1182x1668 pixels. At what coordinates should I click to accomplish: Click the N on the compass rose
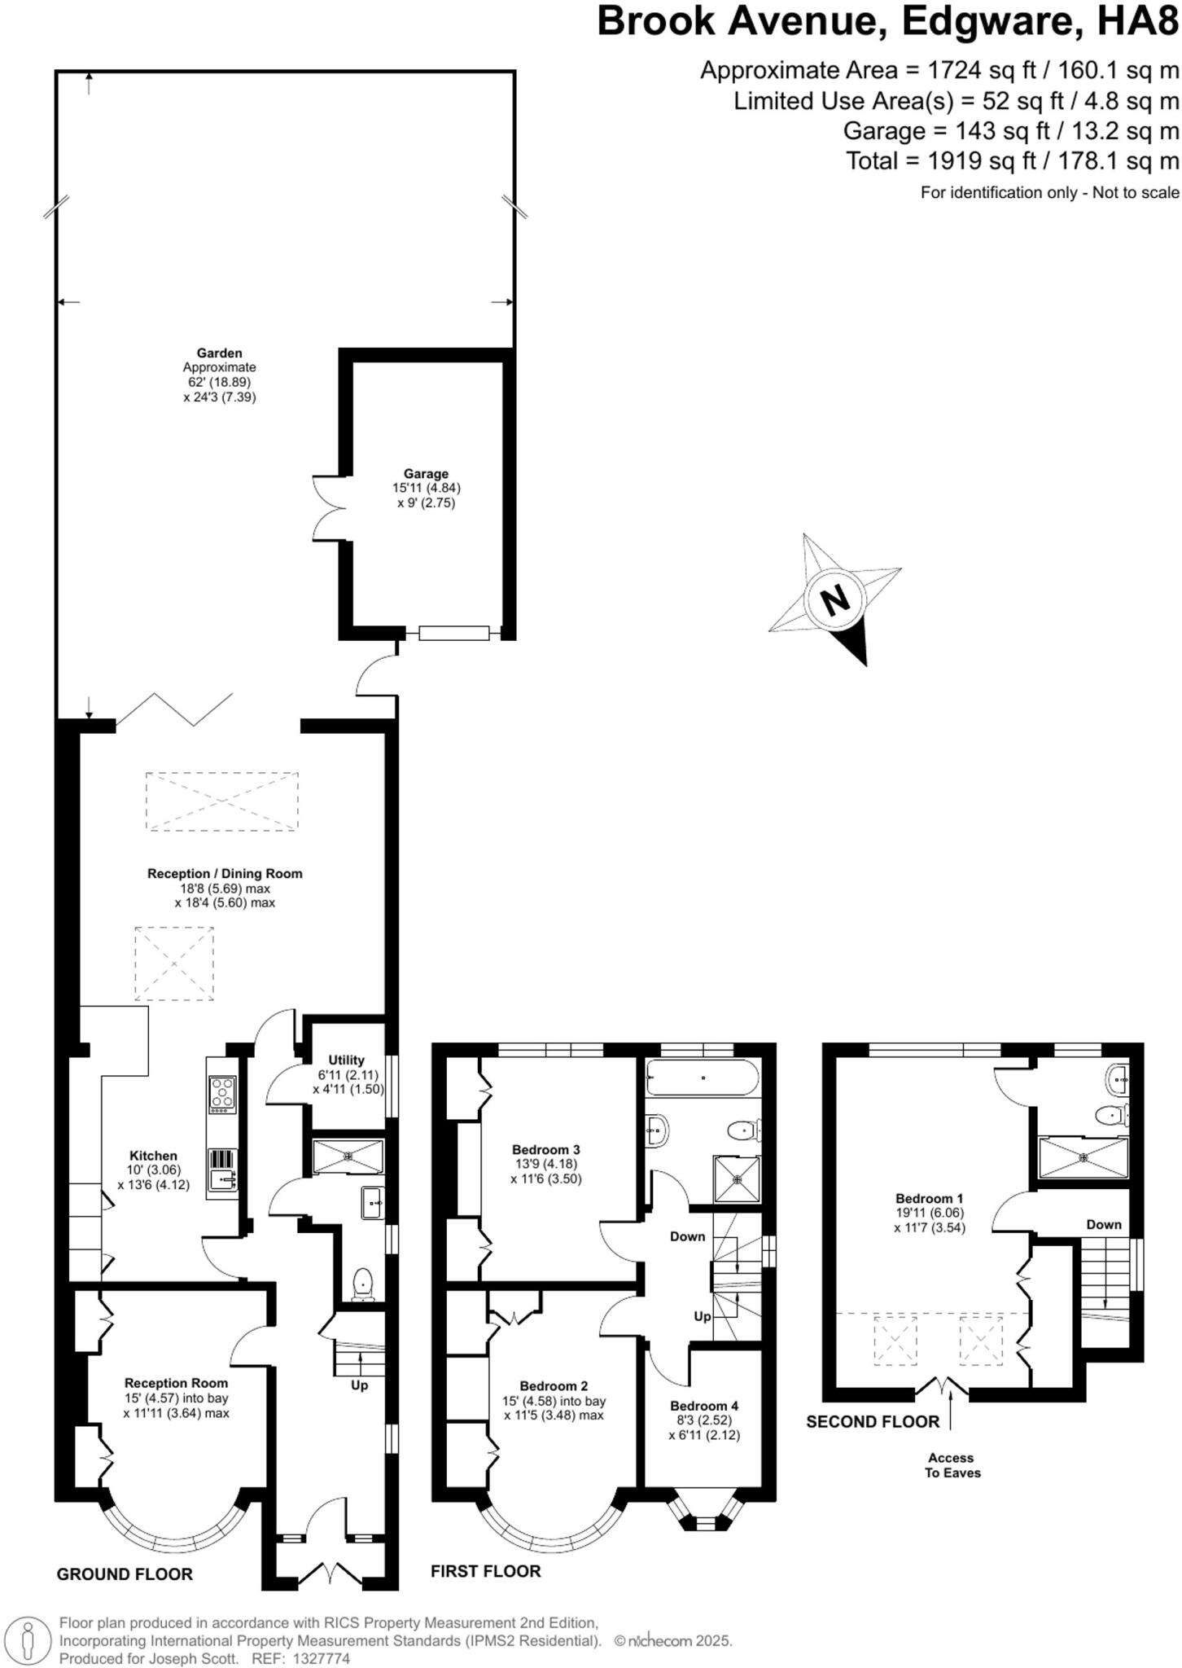[834, 602]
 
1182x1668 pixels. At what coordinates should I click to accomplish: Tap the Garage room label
[426, 474]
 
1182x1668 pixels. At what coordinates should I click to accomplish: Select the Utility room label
[346, 1060]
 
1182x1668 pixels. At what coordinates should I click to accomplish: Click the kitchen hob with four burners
[223, 1095]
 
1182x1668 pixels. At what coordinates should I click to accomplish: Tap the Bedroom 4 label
[704, 1406]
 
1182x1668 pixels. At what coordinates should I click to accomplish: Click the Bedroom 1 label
[929, 1198]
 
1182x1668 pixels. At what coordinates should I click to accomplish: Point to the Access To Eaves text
[952, 1465]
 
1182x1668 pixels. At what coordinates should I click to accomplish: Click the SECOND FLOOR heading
[873, 1422]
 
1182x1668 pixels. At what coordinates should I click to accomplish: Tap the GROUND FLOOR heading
[125, 1574]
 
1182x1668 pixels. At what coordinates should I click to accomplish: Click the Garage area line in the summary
[1010, 131]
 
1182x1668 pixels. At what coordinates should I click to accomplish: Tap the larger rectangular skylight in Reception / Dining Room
[222, 801]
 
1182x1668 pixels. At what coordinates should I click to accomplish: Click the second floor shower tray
[1083, 1157]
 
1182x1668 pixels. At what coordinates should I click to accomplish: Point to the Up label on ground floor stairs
[359, 1385]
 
